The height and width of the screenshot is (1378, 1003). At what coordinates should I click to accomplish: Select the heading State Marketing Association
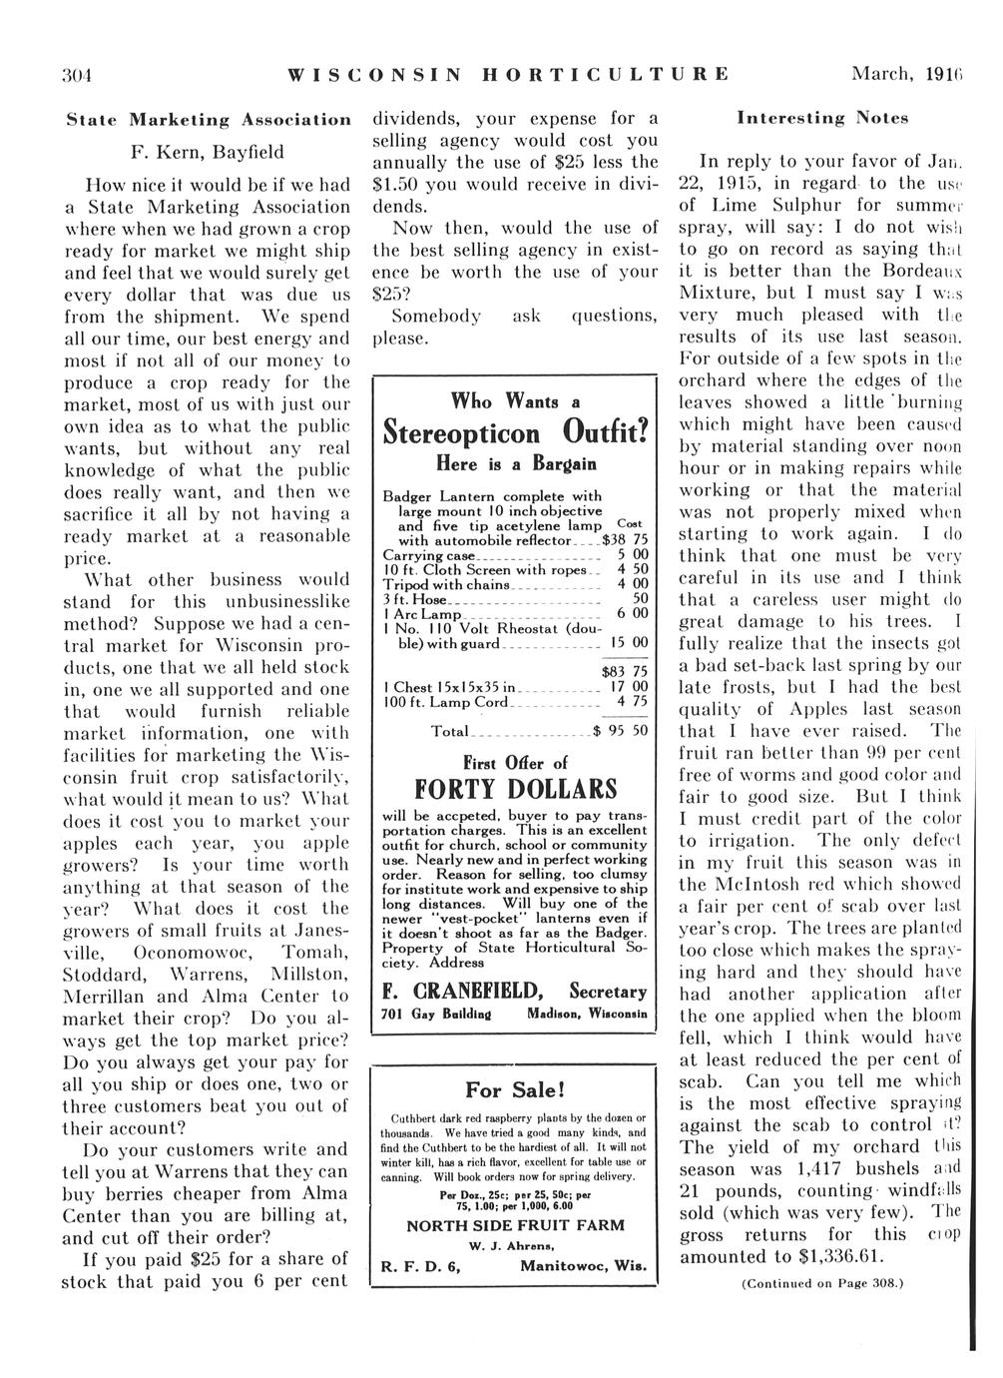click(208, 120)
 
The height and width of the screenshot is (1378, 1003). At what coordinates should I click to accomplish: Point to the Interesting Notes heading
click(822, 118)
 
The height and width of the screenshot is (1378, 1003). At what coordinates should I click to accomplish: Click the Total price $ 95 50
click(620, 731)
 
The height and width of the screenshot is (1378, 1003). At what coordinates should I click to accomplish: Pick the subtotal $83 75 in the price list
click(625, 671)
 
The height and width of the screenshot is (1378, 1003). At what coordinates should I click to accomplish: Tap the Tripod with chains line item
click(448, 583)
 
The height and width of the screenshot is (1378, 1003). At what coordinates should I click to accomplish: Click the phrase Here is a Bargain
click(514, 464)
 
